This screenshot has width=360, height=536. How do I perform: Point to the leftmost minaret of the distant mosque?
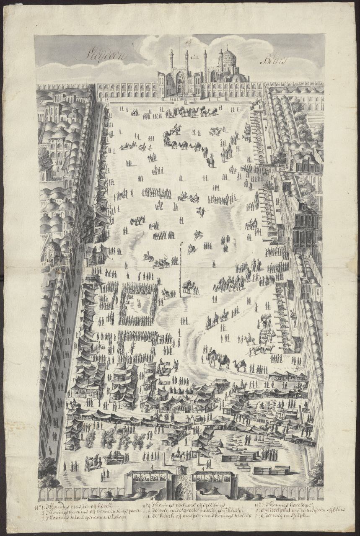pos(171,62)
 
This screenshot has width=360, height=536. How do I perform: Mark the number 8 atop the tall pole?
pos(181,243)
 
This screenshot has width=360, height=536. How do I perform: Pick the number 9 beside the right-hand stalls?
pos(296,368)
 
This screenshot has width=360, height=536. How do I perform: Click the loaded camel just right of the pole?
pos(189,286)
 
